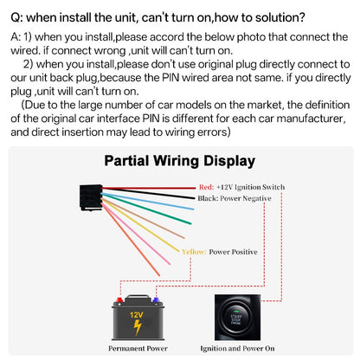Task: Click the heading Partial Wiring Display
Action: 180,162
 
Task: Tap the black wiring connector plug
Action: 91,197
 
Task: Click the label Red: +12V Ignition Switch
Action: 241,187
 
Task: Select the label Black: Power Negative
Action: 235,198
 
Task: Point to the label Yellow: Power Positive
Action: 220,252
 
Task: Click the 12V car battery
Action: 138,318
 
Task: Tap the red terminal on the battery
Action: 119,300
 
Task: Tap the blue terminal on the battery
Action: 156,300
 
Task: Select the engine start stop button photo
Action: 237,318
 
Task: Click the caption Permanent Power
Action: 138,349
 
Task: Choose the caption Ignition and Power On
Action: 237,349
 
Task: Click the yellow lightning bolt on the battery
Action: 138,328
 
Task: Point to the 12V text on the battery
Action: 136,314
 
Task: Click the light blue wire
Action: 148,202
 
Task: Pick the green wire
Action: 146,209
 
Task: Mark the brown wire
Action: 144,218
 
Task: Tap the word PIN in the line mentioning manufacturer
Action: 151,119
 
